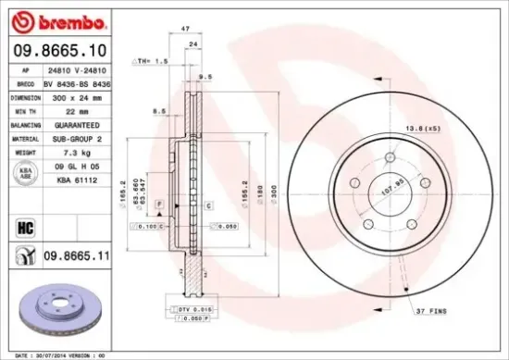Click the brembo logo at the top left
[53, 19]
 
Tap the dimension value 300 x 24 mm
[77, 96]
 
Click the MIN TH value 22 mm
[77, 110]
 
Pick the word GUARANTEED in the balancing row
[77, 124]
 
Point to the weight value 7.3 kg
[77, 152]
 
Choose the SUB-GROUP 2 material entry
[77, 138]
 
